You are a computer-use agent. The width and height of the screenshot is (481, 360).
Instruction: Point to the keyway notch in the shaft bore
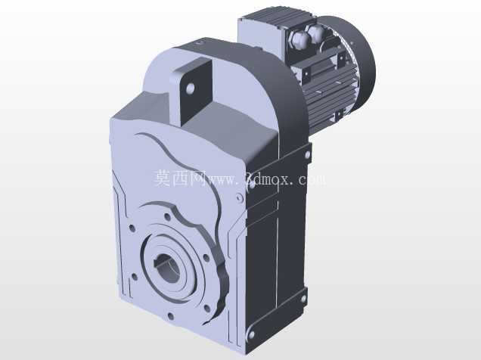click(x=160, y=262)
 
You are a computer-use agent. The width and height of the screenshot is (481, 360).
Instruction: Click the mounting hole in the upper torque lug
click(x=190, y=88)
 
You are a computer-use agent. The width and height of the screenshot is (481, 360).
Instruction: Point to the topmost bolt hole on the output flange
click(x=167, y=217)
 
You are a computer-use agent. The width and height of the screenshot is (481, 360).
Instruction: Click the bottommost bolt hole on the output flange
click(x=170, y=317)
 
